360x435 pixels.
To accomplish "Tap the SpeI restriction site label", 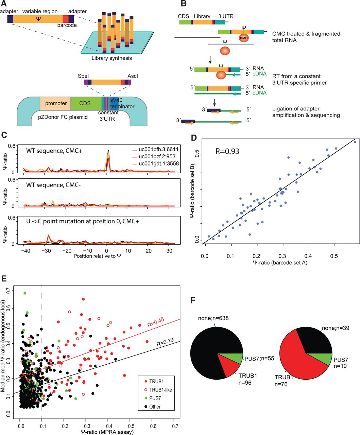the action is click(x=83, y=76).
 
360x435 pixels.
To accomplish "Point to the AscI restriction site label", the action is click(x=133, y=76).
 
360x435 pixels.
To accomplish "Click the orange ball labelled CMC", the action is click(x=244, y=38).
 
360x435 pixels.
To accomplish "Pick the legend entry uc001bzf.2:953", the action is click(x=154, y=156).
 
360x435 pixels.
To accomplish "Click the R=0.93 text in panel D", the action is click(x=227, y=152).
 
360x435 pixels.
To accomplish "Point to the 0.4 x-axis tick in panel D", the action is click(x=308, y=256).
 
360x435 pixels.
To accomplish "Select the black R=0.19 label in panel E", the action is click(x=165, y=342).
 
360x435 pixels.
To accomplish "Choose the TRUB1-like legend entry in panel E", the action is click(x=158, y=390).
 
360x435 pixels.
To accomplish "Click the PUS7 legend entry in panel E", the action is click(x=153, y=398).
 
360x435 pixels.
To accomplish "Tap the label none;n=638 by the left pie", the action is click(x=213, y=318).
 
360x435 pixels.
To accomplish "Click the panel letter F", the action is click(x=193, y=300).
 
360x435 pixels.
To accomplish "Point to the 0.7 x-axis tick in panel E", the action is click(x=175, y=426).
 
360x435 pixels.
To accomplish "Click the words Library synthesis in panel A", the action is click(x=112, y=58).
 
